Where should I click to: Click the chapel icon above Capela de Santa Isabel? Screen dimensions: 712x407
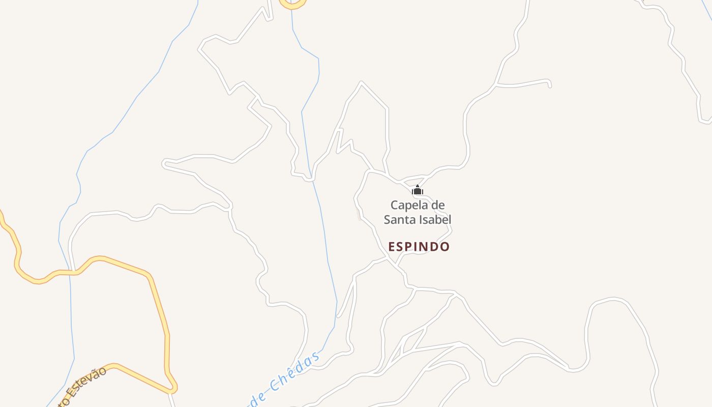coord(417,191)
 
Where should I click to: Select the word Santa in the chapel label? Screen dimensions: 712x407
coord(399,220)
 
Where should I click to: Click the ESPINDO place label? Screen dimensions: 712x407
coord(419,247)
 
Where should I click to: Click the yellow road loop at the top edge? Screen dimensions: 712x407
coord(292,5)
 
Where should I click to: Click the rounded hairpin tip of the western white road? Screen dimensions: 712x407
coord(164,163)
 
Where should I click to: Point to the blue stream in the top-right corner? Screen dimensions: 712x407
coord(707,10)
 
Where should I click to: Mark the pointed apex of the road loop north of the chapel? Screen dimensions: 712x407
coord(361,82)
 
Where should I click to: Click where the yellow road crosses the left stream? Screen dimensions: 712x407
coord(70,273)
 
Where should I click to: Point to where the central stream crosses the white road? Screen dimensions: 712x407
coord(311,179)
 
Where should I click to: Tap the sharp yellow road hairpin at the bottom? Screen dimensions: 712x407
coord(173,389)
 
